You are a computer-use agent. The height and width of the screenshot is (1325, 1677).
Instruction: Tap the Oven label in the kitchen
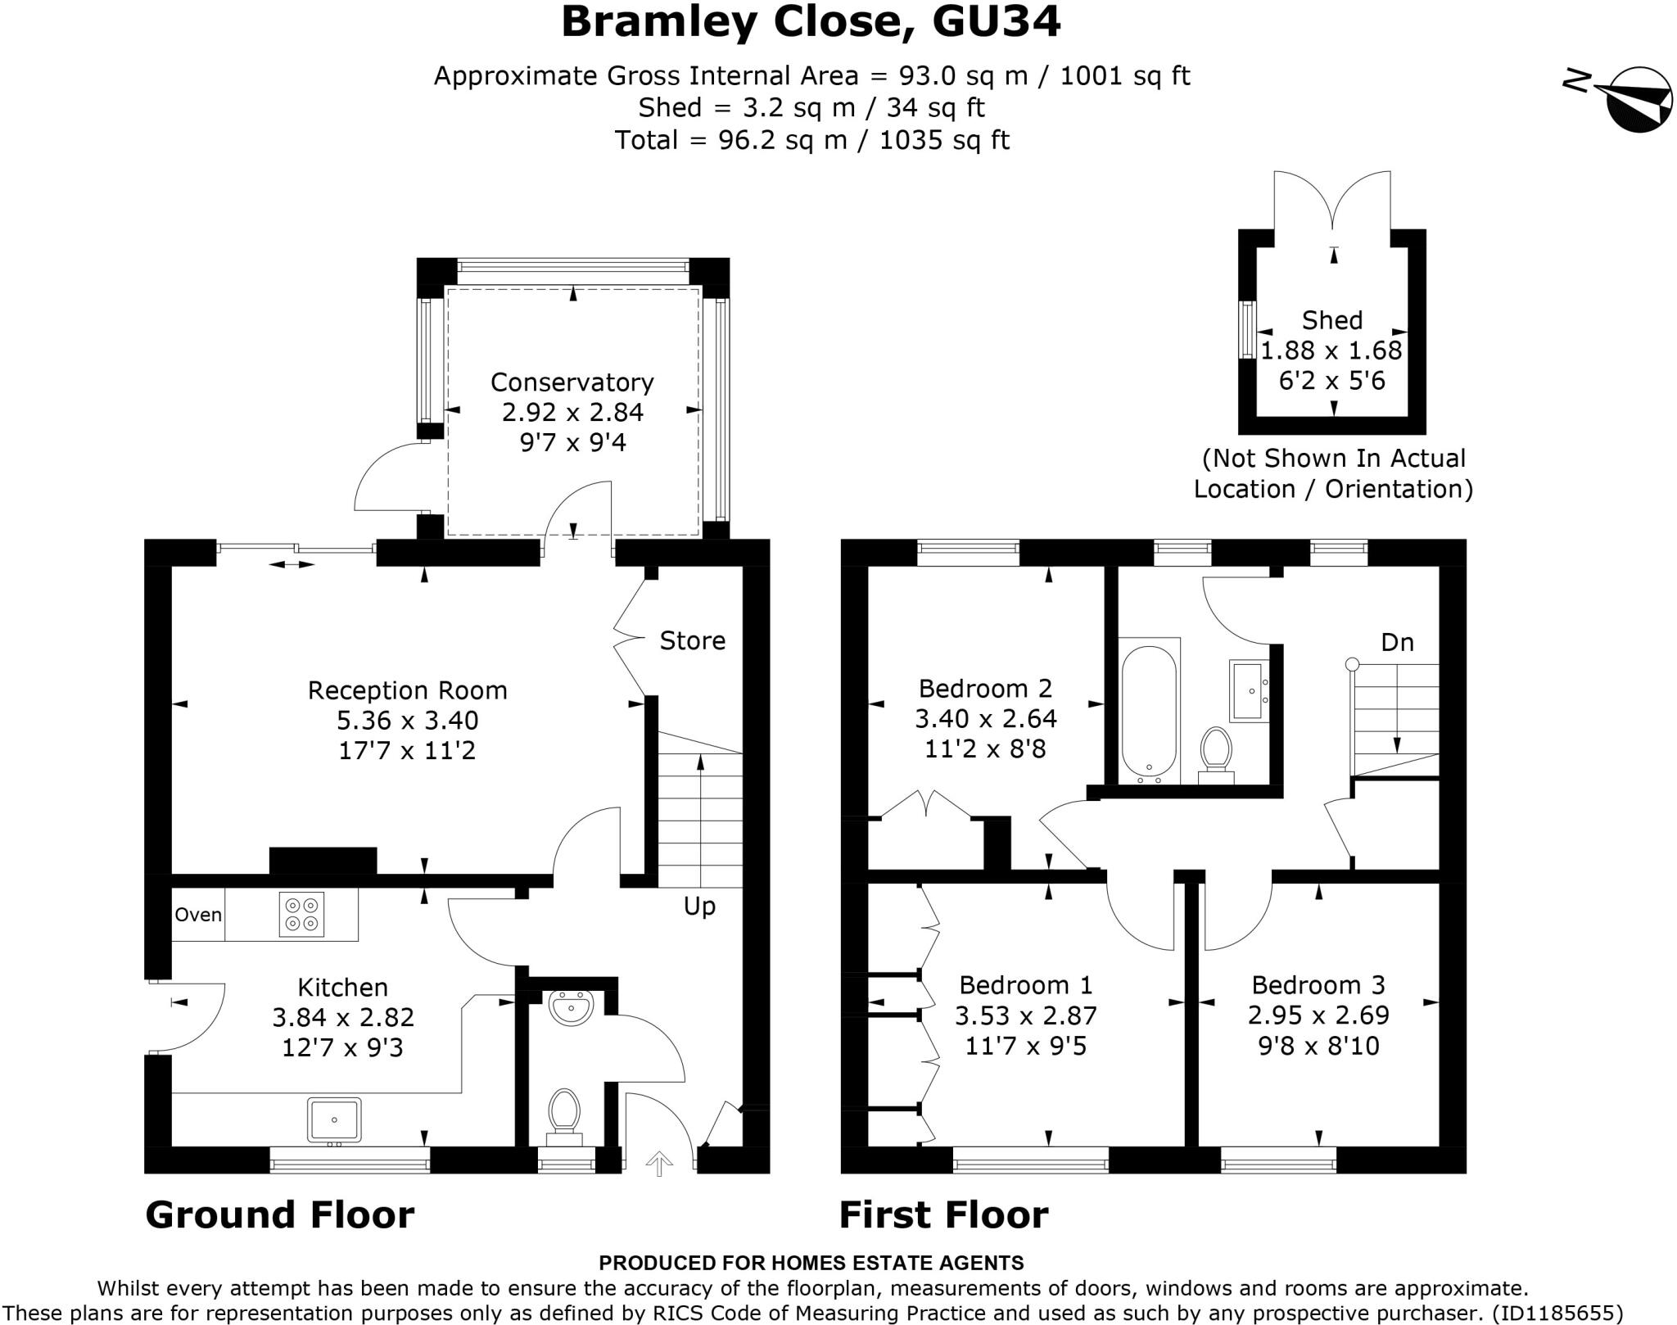198,915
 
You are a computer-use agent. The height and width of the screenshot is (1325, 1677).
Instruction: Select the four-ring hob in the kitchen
301,914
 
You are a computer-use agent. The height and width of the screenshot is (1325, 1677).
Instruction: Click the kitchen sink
334,1119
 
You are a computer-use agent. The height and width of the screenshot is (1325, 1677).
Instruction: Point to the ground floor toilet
563,1117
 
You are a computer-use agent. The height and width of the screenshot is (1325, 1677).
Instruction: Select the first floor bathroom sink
1249,691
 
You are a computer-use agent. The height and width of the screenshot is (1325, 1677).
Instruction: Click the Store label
693,640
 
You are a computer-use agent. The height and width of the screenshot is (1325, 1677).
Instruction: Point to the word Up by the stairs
699,907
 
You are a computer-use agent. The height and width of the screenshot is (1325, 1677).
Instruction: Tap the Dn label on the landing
1397,642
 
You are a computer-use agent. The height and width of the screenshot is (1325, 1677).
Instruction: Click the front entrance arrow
659,1162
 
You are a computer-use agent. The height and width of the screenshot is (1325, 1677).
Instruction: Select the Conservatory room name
572,382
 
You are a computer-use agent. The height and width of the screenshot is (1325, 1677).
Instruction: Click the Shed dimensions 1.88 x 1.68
1331,350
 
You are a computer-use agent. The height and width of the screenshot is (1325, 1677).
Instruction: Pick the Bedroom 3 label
1318,984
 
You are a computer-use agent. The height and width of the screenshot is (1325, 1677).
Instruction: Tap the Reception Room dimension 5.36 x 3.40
408,721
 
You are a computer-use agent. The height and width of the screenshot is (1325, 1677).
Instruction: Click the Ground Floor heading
280,1214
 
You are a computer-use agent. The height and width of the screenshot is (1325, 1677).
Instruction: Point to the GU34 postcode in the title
997,21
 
